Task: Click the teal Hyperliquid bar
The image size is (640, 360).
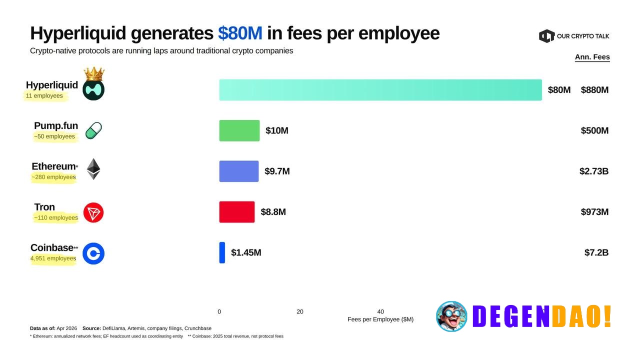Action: (380, 90)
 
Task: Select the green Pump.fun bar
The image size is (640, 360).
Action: (239, 130)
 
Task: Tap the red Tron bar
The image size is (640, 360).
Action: (236, 212)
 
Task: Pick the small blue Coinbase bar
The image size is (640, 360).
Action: (222, 252)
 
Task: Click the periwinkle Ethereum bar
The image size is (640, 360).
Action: (238, 171)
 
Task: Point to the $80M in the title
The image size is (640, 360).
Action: (240, 33)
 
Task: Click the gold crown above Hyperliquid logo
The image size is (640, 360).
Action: (93, 74)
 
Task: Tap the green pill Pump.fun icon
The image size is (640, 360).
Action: (93, 130)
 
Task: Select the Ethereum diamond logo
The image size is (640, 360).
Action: (93, 169)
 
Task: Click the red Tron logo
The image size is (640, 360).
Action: (93, 212)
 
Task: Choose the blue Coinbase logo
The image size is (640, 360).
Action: (93, 253)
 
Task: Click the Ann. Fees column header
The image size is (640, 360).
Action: (592, 57)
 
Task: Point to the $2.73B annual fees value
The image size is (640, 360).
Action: (593, 171)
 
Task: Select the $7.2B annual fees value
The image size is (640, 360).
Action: (596, 252)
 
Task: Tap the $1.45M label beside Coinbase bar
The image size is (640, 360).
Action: (246, 252)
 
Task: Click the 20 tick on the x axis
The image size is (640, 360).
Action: (299, 311)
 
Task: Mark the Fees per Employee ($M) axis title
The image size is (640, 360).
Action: (380, 319)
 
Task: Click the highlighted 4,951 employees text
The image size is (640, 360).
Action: (53, 258)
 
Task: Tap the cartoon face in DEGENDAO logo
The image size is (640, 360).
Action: (451, 316)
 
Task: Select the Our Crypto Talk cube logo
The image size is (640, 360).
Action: (546, 36)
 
